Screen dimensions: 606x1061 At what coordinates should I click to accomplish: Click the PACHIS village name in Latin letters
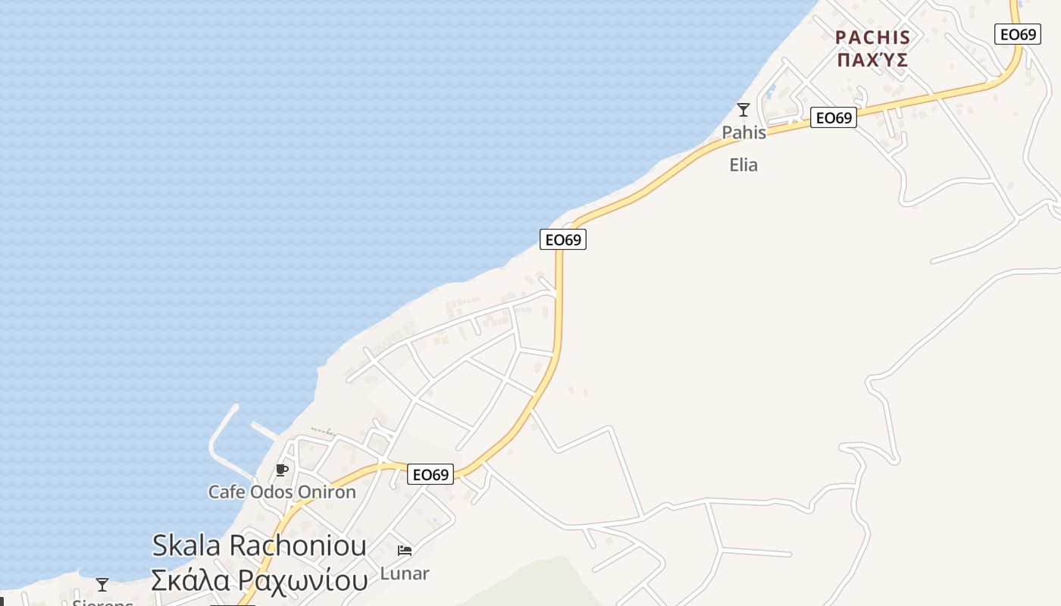pyautogui.click(x=872, y=37)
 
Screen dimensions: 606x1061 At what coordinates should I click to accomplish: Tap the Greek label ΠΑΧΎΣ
pyautogui.click(x=872, y=61)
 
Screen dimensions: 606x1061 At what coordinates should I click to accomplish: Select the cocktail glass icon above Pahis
pyautogui.click(x=743, y=110)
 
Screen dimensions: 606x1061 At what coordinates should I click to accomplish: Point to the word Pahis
pyautogui.click(x=743, y=133)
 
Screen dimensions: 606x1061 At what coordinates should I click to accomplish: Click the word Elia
pyautogui.click(x=743, y=164)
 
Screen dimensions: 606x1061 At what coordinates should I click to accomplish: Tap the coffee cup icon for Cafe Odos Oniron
pyautogui.click(x=282, y=470)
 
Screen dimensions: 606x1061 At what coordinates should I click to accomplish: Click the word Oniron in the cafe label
pyautogui.click(x=327, y=492)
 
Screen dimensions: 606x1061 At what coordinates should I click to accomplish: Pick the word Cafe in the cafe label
pyautogui.click(x=227, y=492)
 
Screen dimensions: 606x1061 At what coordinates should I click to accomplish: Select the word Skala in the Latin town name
pyautogui.click(x=186, y=545)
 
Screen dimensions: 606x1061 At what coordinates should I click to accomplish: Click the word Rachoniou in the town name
pyautogui.click(x=298, y=545)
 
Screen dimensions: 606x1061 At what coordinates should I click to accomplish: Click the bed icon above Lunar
pyautogui.click(x=405, y=550)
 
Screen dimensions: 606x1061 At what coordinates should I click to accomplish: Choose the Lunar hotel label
pyautogui.click(x=405, y=573)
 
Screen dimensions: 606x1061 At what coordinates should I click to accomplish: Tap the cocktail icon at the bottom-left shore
pyautogui.click(x=102, y=585)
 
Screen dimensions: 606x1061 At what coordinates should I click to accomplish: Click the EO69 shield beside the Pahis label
pyautogui.click(x=833, y=117)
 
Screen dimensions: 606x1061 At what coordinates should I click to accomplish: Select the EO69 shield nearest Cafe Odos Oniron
pyautogui.click(x=430, y=475)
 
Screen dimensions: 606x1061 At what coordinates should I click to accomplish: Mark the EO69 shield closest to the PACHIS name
pyautogui.click(x=1017, y=34)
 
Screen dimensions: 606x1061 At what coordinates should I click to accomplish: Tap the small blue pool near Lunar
pyautogui.click(x=434, y=520)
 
